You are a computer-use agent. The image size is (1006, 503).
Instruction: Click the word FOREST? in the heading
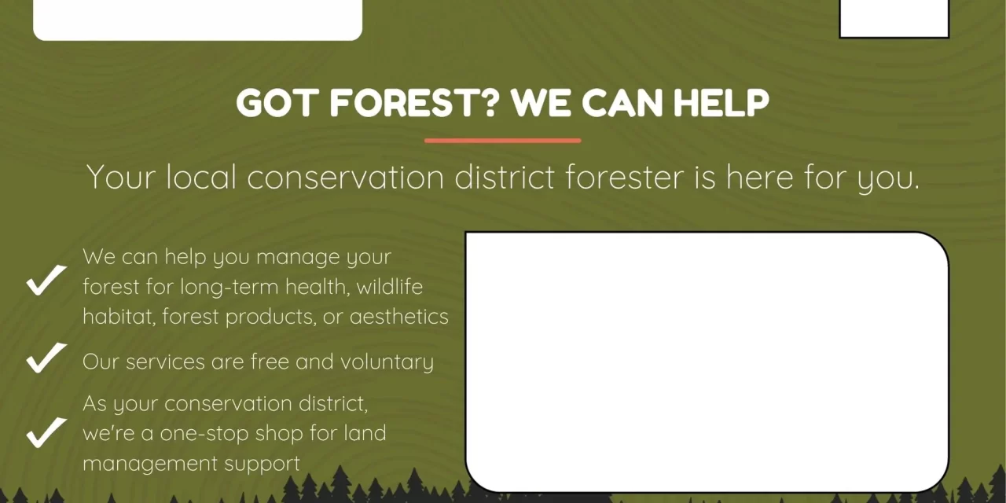[x=414, y=103]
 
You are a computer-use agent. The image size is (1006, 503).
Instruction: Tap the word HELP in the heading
[x=721, y=103]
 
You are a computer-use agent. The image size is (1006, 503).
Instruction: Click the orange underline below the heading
[x=502, y=141]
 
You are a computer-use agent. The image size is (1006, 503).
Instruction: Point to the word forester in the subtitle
[x=625, y=177]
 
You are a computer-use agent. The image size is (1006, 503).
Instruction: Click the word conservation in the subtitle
[x=345, y=177]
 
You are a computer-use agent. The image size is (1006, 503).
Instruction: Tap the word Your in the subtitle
[x=121, y=177]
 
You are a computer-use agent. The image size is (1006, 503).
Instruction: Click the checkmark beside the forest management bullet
[x=46, y=280]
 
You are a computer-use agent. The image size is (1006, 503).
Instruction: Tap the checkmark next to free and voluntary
[x=46, y=358]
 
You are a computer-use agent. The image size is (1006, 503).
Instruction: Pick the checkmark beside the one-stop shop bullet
[x=46, y=432]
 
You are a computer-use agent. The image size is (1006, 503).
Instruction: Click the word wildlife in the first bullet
[x=389, y=287]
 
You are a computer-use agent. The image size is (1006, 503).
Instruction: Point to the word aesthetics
[x=398, y=316]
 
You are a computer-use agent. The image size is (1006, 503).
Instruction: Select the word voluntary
[x=387, y=362]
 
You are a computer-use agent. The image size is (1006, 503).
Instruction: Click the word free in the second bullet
[x=270, y=361]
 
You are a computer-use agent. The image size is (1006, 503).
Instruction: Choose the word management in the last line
[x=150, y=464]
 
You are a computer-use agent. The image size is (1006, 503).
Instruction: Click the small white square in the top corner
[x=894, y=19]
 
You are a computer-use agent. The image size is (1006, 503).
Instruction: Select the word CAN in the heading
[x=622, y=103]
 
